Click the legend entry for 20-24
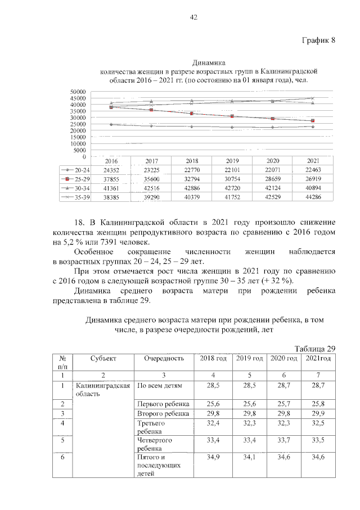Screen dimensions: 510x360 tap(75, 170)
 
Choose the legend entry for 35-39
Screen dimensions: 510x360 tap(75, 198)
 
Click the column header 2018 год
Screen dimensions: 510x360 tap(213, 359)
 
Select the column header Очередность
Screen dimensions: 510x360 tap(164, 359)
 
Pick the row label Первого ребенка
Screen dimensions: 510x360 tap(164, 404)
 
